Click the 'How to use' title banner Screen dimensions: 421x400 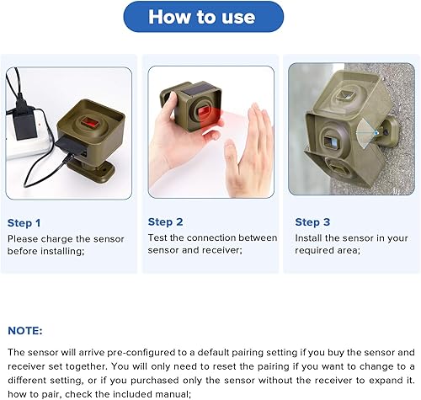[204, 17]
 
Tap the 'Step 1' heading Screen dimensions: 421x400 [24, 223]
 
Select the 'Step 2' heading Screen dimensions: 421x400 [165, 222]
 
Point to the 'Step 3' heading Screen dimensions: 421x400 [312, 222]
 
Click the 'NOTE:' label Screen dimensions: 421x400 [25, 331]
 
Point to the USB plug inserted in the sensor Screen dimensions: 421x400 [70, 145]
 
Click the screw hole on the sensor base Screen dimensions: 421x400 [106, 170]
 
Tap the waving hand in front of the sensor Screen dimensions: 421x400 [248, 149]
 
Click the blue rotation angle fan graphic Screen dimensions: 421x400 [365, 133]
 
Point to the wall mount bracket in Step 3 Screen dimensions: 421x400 [388, 131]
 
